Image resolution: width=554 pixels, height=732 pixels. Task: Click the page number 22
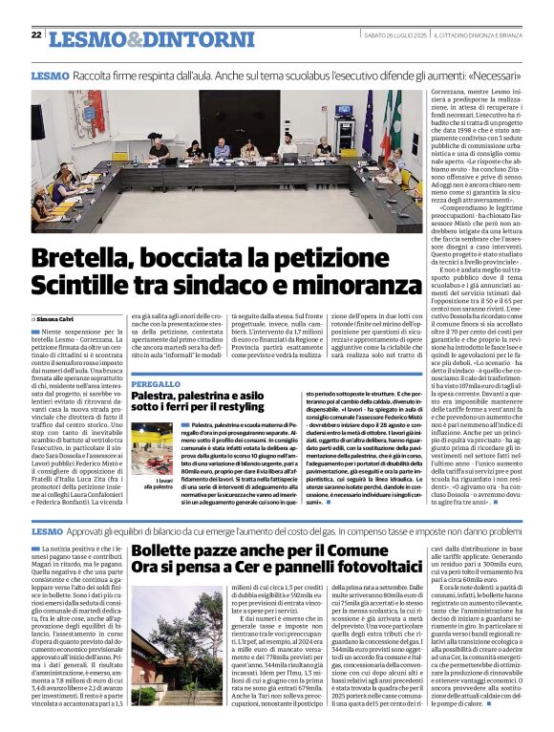coord(36,35)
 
